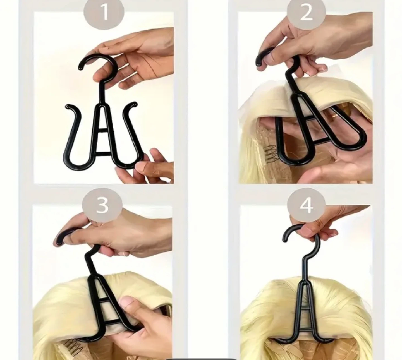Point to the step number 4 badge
(x=306, y=207)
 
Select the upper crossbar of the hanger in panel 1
(x=104, y=130)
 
